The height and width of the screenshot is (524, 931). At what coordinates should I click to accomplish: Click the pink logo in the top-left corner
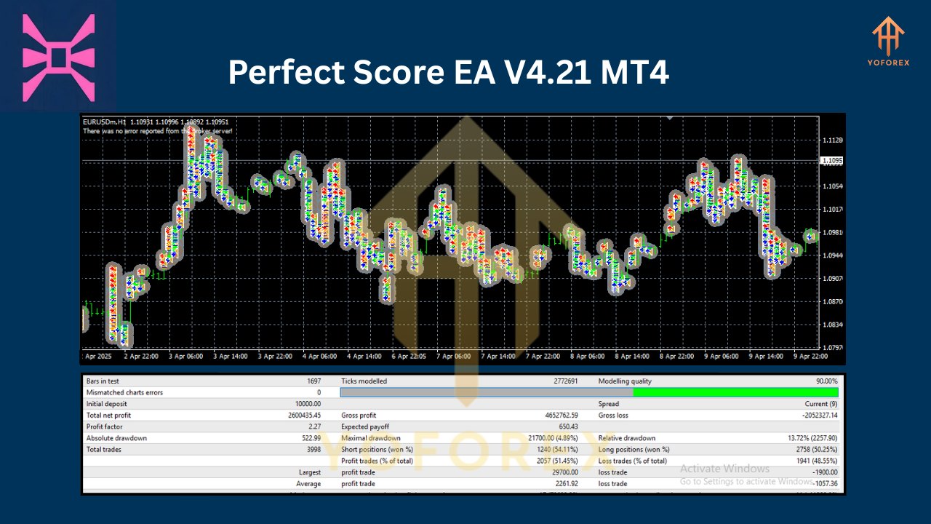tap(59, 57)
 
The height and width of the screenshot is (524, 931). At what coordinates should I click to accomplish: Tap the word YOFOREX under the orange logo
tap(888, 62)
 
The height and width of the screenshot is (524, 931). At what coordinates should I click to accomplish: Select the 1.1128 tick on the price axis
tap(832, 140)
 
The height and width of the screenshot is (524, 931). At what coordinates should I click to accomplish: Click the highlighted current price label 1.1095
tap(831, 161)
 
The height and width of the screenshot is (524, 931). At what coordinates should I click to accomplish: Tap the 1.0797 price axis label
tap(832, 348)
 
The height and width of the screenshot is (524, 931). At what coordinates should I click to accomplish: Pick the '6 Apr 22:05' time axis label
tap(409, 357)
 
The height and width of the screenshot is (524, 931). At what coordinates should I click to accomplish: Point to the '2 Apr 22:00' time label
tap(141, 357)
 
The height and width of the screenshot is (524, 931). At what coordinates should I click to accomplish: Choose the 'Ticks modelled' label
tap(364, 381)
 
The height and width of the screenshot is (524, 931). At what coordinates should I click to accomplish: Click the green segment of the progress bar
tap(735, 392)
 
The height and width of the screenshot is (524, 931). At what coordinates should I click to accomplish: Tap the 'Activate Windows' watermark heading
tap(724, 469)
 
